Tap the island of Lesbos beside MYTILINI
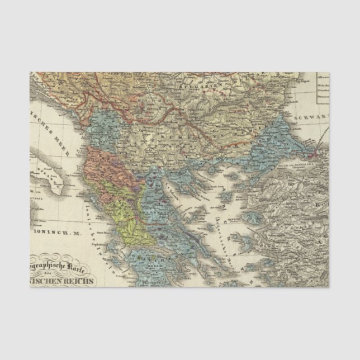(x=251, y=212)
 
